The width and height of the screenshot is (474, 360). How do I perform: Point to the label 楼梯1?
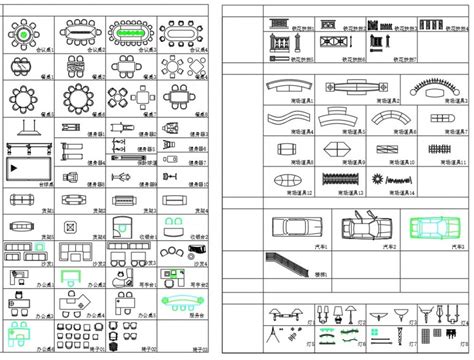point(321,271)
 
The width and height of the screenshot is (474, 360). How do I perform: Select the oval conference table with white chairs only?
point(183,34)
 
